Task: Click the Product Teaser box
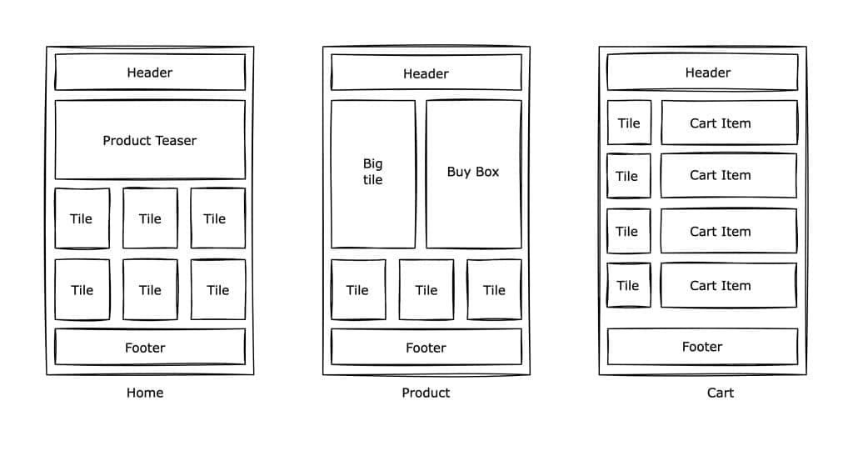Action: click(150, 140)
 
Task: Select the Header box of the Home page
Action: click(150, 72)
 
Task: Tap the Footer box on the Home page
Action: click(150, 347)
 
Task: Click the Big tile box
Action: click(373, 174)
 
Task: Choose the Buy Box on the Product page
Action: click(474, 174)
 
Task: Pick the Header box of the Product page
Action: click(426, 72)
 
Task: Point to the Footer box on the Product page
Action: click(426, 347)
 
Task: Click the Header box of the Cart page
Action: click(702, 72)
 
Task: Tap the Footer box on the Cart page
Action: click(702, 347)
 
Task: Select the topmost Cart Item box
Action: click(730, 123)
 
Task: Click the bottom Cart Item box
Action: click(729, 285)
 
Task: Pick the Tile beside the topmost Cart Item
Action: click(630, 123)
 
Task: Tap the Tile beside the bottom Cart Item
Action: click(629, 285)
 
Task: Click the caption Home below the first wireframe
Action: click(145, 393)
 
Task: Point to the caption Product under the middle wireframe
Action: click(426, 393)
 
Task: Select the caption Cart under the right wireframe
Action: click(721, 393)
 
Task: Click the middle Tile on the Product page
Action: click(426, 289)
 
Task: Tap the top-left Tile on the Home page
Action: click(82, 218)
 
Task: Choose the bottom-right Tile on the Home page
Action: click(218, 289)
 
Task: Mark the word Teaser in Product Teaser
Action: click(175, 140)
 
